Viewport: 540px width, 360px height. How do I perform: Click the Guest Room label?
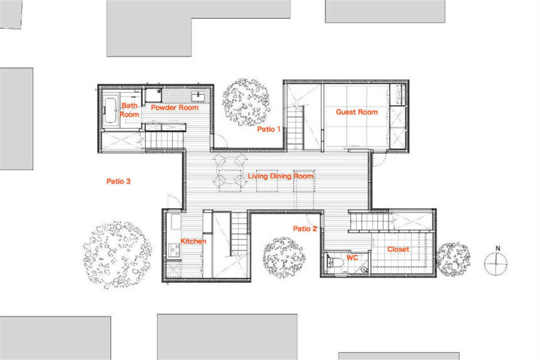click(357, 112)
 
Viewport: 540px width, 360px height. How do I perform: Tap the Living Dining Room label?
click(281, 176)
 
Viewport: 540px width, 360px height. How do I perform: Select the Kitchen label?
click(193, 241)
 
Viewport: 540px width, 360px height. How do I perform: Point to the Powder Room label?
click(175, 107)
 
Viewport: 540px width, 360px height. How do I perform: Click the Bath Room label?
click(129, 110)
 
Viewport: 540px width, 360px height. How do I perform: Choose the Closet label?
click(398, 249)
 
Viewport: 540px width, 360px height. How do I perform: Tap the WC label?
click(352, 258)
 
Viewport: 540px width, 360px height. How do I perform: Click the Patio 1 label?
click(269, 129)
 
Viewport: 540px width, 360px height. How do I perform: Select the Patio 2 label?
click(305, 229)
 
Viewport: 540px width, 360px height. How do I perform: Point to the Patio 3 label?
click(119, 181)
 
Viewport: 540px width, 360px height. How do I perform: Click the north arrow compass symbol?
click(496, 262)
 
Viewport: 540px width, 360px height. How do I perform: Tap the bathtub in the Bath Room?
click(111, 110)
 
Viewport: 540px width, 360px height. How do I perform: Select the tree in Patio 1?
click(246, 102)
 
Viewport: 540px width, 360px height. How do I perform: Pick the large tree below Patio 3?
click(117, 255)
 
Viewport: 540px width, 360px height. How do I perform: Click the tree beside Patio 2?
click(284, 258)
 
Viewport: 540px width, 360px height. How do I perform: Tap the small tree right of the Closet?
click(453, 259)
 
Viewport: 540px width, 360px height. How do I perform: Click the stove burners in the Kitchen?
click(174, 250)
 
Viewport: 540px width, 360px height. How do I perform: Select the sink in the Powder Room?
click(198, 97)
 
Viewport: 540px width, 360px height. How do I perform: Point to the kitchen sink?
click(175, 222)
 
